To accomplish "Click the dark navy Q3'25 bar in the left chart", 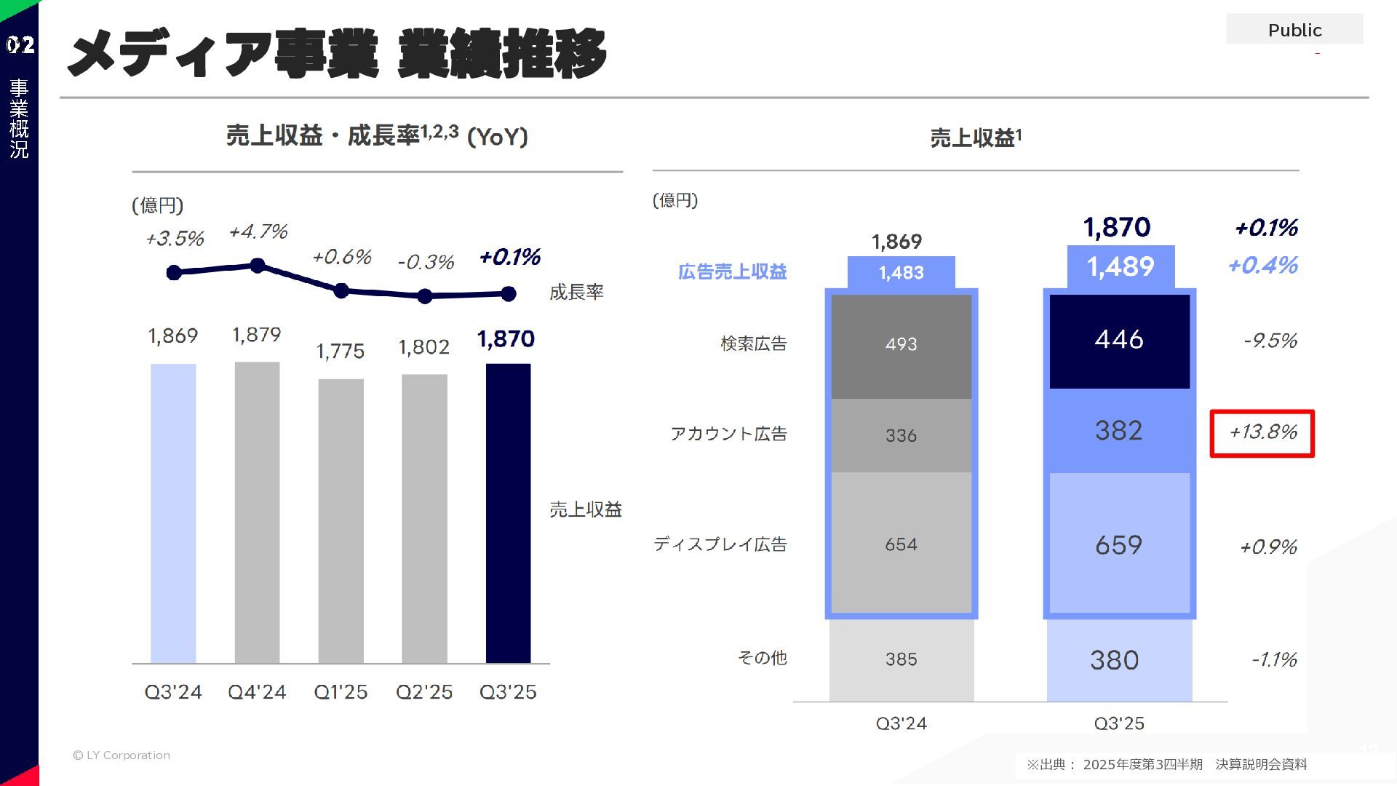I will pos(508,513).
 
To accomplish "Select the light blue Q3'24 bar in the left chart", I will pos(173,513).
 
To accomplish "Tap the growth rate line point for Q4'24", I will pos(257,266).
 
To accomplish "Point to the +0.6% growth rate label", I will pos(341,257).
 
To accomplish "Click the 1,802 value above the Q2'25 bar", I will pos(424,347).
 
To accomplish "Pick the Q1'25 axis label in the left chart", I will pos(341,691).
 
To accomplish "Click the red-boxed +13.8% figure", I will pos(1262,433).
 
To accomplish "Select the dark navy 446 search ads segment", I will pos(1119,341).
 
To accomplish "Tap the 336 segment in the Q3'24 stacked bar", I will pos(901,435).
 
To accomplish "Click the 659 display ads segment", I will pos(1119,544).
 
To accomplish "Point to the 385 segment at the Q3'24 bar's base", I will pos(901,659).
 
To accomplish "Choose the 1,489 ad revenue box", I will pos(1121,267).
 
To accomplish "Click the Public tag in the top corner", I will pos(1294,30).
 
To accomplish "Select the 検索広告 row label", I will pos(754,344).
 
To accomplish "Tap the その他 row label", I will pos(762,658).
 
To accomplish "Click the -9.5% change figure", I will pos(1270,341).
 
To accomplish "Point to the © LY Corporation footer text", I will pos(122,755).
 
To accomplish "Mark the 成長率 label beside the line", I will pos(576,293).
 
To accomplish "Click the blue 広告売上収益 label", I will pos(732,272).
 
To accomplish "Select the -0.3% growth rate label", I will pos(426,262).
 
